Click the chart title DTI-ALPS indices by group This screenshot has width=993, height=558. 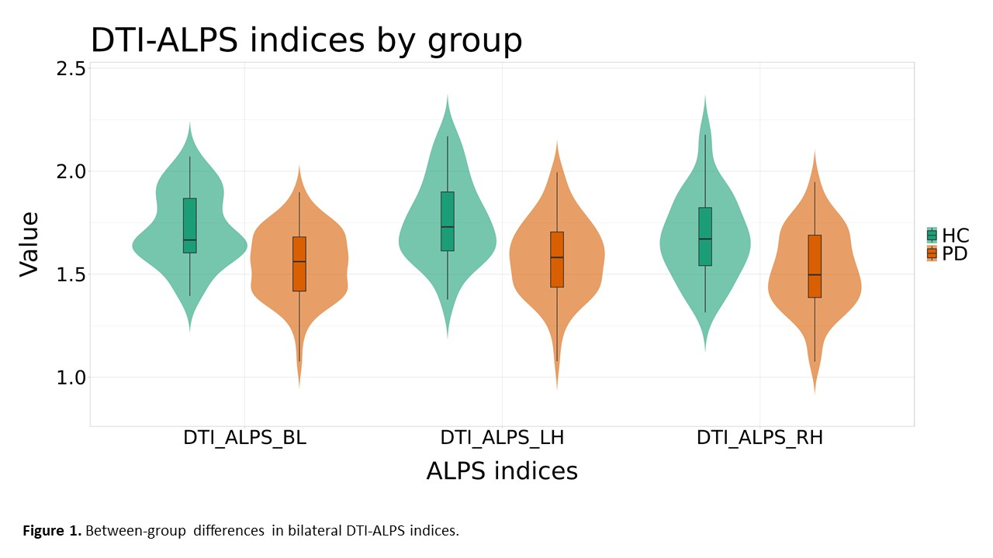(306, 40)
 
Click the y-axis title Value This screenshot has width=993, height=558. (29, 243)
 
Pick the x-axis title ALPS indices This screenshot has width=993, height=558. (502, 471)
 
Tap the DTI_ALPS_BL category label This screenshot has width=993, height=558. (244, 438)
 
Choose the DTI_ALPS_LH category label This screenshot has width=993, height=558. (502, 438)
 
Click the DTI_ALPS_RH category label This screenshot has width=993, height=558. (759, 438)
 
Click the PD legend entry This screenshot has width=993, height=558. (947, 253)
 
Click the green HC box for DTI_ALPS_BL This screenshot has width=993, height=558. (190, 226)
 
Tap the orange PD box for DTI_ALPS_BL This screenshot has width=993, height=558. (299, 263)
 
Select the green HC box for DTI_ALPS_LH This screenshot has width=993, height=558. (447, 221)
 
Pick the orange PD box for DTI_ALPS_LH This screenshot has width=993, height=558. (556, 260)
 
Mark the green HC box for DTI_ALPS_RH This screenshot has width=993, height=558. (705, 236)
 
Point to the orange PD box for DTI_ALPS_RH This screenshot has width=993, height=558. (815, 266)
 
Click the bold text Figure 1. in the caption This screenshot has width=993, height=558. (52, 532)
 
